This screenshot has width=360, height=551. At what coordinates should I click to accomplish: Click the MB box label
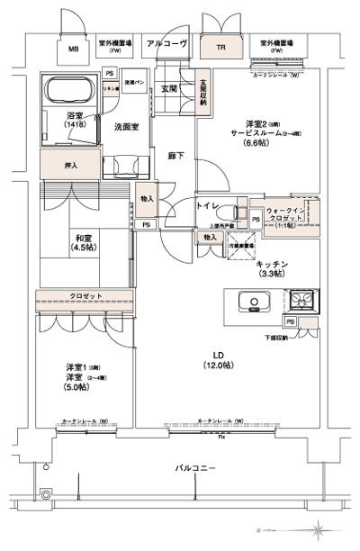tap(74, 50)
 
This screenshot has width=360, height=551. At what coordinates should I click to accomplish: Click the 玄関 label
tap(169, 88)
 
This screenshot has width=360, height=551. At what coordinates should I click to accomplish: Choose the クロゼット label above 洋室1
tap(86, 296)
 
